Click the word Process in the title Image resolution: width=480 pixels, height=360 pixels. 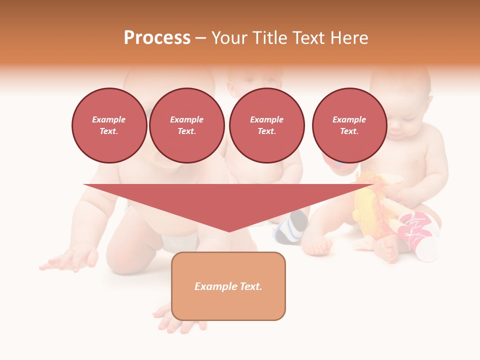pos(157,38)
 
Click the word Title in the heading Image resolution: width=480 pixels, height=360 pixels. pos(266,38)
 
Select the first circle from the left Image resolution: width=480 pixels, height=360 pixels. pos(109,125)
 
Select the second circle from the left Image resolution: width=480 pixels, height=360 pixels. pos(186,125)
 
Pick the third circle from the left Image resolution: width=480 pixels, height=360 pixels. pos(266,125)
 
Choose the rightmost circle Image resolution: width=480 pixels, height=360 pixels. pos(349,125)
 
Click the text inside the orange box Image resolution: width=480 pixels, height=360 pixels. pos(228,286)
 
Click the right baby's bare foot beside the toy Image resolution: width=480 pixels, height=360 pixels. pos(387,247)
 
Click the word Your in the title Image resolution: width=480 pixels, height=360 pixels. pos(230,38)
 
